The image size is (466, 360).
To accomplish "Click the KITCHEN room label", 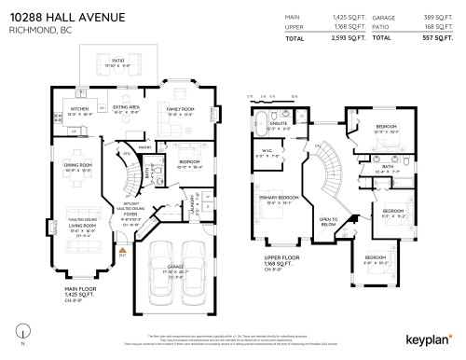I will click(80, 108).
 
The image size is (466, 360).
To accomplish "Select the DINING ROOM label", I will click(78, 164).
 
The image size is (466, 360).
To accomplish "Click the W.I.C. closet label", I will click(267, 150).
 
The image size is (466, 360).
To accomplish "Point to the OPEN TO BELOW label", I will click(327, 221).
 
